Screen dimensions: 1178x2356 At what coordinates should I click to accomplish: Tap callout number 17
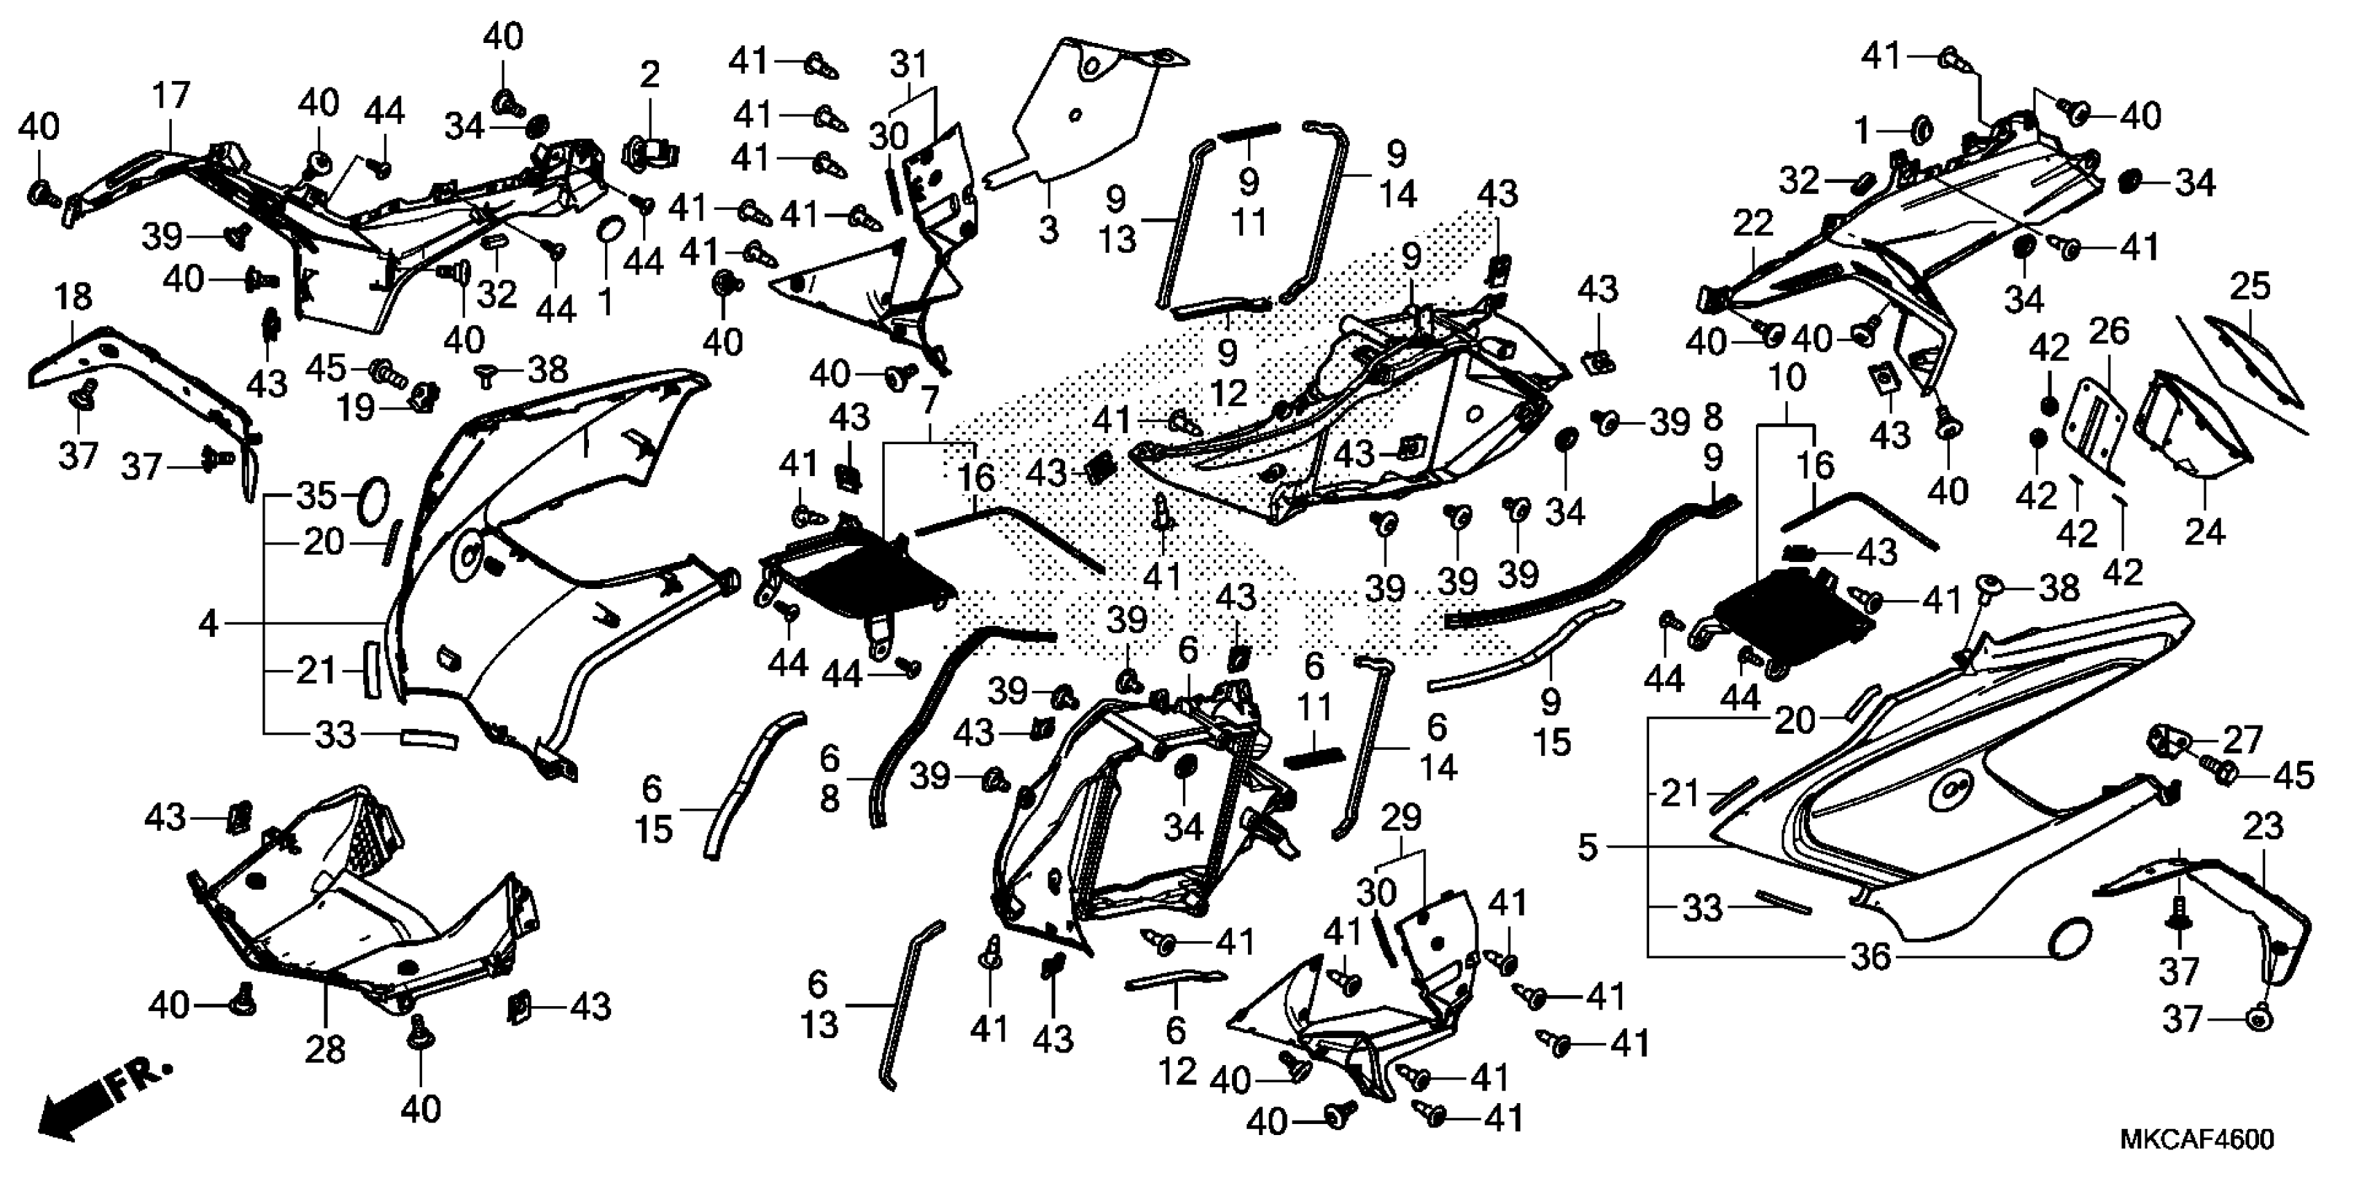[x=171, y=95]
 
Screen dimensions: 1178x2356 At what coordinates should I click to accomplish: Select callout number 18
[x=73, y=297]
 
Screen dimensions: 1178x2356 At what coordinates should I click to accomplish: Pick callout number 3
[x=1048, y=229]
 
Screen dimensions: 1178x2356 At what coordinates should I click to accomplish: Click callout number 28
[x=325, y=1050]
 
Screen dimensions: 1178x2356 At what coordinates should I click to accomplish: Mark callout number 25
[x=2250, y=286]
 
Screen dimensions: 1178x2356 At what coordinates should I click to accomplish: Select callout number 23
[x=2262, y=827]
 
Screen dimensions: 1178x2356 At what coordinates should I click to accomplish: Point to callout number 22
[x=1752, y=223]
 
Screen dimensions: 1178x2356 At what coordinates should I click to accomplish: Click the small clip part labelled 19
[x=423, y=396]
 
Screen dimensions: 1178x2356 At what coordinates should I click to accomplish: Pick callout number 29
[x=1400, y=817]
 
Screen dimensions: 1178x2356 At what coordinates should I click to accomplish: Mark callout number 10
[x=1787, y=378]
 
